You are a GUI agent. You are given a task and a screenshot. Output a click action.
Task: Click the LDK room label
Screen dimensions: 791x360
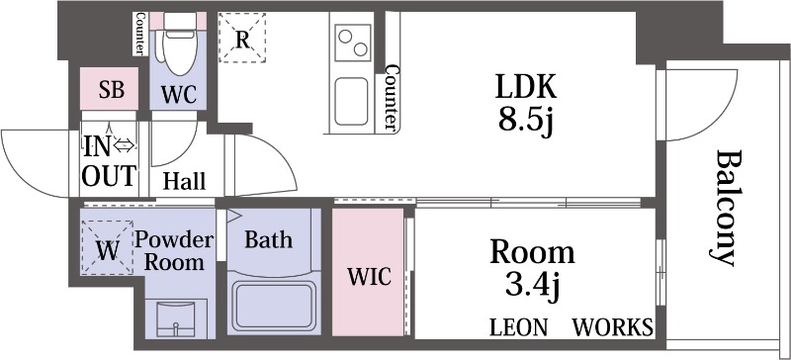click(526, 86)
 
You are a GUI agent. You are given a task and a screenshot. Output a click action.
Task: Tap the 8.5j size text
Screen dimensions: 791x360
click(526, 122)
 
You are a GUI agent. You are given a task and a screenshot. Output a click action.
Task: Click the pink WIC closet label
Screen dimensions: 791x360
click(369, 276)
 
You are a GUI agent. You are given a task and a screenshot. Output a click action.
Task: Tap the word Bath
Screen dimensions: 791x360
click(268, 239)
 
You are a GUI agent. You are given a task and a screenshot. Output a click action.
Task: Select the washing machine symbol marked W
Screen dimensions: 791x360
click(108, 247)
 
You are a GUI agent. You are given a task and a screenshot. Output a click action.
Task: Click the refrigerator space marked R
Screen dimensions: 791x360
click(242, 39)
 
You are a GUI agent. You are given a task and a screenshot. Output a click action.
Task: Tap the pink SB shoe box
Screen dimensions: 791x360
click(110, 88)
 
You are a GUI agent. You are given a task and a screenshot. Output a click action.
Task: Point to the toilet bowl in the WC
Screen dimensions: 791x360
click(180, 52)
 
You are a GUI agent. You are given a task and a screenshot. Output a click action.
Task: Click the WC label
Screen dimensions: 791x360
click(179, 94)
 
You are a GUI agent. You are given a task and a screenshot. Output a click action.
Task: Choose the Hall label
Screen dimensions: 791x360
click(184, 181)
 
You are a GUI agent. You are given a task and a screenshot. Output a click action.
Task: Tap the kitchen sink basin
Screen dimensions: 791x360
click(351, 101)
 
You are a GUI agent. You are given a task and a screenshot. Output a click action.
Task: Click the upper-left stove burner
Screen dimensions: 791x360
click(345, 37)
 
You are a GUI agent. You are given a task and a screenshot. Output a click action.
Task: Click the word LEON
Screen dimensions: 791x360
click(518, 327)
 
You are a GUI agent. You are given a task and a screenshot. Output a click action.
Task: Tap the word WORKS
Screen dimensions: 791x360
click(612, 327)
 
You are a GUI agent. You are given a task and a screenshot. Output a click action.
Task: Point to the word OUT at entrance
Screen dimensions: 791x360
click(109, 176)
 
